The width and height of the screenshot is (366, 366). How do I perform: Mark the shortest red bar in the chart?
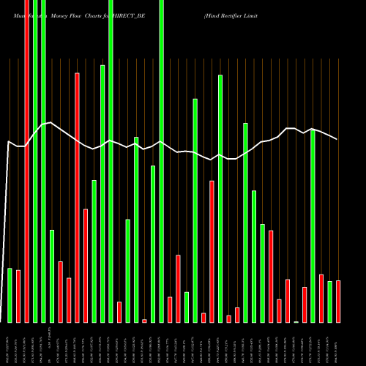(144, 321)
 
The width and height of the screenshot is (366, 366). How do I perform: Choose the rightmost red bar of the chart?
(338, 302)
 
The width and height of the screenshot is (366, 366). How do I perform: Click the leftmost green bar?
(10, 295)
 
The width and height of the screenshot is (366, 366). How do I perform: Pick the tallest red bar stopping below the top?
(77, 198)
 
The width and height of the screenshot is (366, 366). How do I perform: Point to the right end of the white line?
(337, 139)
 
